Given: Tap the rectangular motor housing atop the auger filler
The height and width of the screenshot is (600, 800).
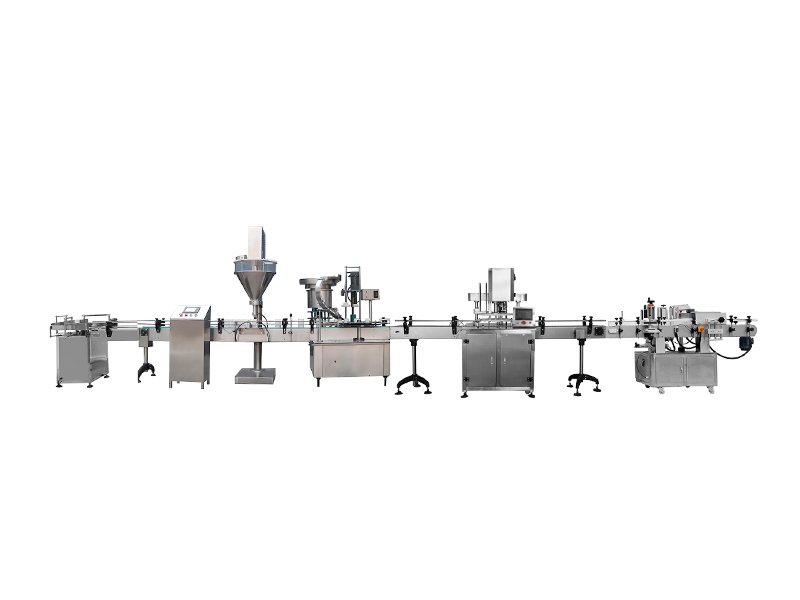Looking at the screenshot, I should click(x=256, y=240).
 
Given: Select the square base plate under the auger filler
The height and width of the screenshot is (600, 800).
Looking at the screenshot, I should click(x=255, y=376).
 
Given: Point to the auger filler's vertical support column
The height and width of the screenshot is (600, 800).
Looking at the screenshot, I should click(x=256, y=345).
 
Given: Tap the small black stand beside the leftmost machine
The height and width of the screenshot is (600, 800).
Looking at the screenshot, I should click(x=147, y=366).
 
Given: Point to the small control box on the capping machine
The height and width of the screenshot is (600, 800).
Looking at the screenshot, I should click(x=370, y=295).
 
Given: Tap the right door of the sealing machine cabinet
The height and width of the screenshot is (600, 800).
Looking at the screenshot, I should click(x=516, y=362).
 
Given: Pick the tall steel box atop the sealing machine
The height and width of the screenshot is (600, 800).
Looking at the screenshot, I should click(x=498, y=281).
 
